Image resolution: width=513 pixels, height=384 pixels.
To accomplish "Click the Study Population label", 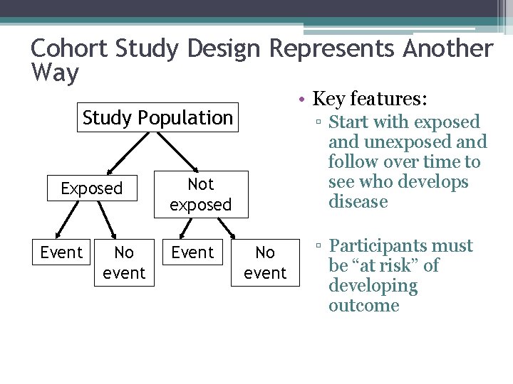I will tap(157, 117).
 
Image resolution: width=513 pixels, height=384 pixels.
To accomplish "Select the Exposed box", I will tap(92, 188).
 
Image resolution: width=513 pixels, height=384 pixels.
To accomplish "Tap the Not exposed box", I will tap(200, 194).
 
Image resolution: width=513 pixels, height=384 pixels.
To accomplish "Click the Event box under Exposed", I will tap(61, 252).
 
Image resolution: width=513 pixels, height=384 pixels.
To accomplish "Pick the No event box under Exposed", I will tap(124, 262).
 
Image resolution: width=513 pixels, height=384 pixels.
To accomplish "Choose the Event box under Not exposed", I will tap(193, 252).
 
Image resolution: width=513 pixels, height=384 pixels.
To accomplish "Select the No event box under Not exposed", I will tap(264, 262).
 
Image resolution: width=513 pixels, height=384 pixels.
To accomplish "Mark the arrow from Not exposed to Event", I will tap(187, 228).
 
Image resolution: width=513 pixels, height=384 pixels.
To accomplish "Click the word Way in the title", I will tap(55, 73).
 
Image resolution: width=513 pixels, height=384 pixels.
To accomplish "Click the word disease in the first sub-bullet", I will tap(358, 202).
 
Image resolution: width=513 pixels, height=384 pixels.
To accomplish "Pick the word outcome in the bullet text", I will tap(363, 306).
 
